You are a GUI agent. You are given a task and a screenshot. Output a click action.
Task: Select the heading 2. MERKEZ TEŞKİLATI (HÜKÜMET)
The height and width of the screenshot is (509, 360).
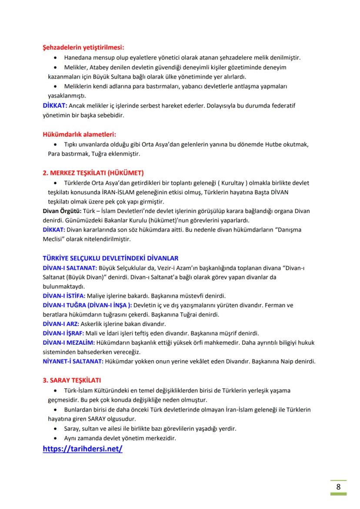[x=93, y=173]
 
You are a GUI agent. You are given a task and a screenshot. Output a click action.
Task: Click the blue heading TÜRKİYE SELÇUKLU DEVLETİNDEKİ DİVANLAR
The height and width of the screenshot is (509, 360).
[x=110, y=258]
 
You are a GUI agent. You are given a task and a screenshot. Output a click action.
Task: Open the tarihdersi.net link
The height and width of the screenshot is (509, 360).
[x=83, y=449]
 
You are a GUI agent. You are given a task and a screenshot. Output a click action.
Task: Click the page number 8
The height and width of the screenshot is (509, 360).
[x=338, y=486]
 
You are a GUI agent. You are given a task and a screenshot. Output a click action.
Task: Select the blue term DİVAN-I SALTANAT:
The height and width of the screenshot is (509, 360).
[x=70, y=268]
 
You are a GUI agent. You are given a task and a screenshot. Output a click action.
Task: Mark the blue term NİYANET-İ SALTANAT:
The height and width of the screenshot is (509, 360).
[x=73, y=362]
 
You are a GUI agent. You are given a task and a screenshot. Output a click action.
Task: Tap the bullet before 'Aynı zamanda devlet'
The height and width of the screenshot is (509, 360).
[x=54, y=438]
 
